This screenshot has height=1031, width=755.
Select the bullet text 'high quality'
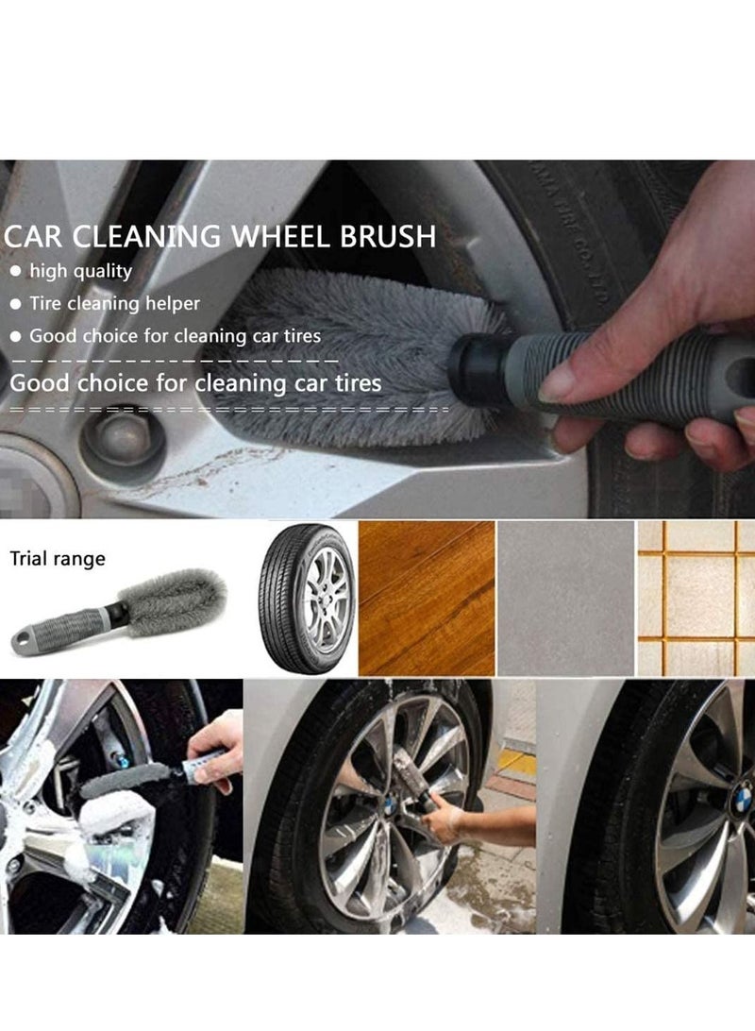point(80,271)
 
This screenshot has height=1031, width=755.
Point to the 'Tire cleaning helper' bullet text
point(114,303)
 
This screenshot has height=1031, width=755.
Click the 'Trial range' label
point(58,559)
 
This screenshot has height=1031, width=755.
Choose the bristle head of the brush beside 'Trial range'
point(176,600)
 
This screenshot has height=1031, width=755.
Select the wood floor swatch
point(426,598)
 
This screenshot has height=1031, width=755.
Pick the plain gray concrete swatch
point(565,598)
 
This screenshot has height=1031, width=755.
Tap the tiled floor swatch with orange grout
point(696,598)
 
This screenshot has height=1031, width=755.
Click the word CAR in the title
point(37,236)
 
